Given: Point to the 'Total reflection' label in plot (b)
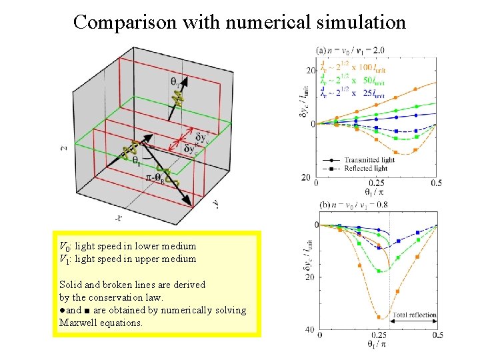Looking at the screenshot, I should click(414, 315).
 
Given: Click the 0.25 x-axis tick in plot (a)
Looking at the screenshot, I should click(377, 183).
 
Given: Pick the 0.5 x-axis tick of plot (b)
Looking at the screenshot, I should click(437, 335).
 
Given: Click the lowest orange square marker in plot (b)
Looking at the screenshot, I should click(379, 317).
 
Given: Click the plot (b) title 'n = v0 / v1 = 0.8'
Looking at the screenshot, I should click(353, 205).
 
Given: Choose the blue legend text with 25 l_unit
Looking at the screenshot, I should click(353, 95).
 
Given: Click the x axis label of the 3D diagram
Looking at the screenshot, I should click(119, 217).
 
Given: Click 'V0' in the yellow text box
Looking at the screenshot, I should click(65, 246).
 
